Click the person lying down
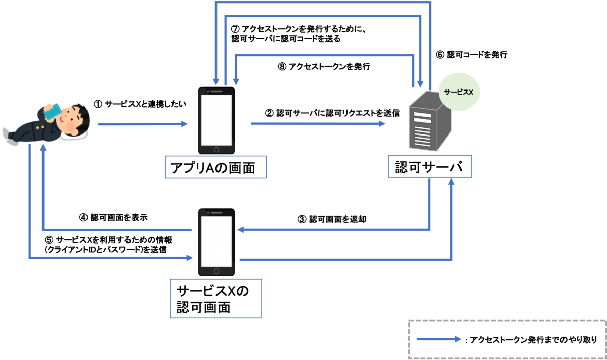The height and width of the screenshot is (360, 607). pos(48,124)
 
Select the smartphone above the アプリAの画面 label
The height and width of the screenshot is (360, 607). pos(216,121)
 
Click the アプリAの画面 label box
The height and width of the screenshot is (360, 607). pos(216,167)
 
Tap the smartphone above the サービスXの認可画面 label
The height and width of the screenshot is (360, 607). pos(216,241)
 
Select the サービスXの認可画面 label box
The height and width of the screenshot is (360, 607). pos(216,298)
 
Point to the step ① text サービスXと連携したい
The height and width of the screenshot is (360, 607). pos(140,104)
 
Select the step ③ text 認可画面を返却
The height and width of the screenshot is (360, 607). pos(331,219)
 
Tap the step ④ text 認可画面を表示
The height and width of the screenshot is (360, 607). pos(113,218)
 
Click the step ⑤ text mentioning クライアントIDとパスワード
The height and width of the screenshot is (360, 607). pos(105,245)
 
